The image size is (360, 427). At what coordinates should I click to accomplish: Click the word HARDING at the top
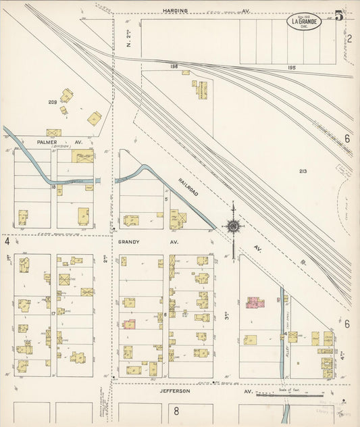[175, 11]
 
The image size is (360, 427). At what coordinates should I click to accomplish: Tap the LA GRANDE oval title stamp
[306, 22]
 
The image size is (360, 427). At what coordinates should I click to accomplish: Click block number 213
[303, 172]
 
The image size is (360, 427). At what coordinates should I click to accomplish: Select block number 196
[174, 66]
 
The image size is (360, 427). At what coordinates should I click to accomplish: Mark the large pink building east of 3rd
[255, 302]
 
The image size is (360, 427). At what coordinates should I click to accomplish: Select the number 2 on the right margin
[349, 38]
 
